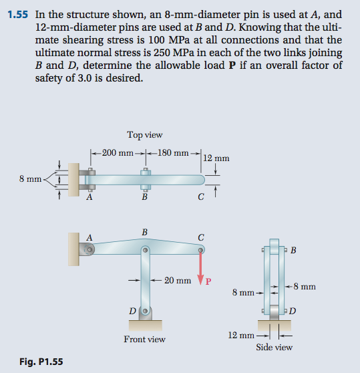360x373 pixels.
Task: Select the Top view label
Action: pyautogui.click(x=144, y=134)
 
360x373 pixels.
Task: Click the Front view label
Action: pyautogui.click(x=144, y=339)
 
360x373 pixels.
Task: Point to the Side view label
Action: pyautogui.click(x=274, y=347)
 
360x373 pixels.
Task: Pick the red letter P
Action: pyautogui.click(x=208, y=281)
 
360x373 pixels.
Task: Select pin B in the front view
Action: pyautogui.click(x=144, y=250)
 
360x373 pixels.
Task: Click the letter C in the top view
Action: pyautogui.click(x=201, y=197)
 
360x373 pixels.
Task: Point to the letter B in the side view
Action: pyautogui.click(x=295, y=251)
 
